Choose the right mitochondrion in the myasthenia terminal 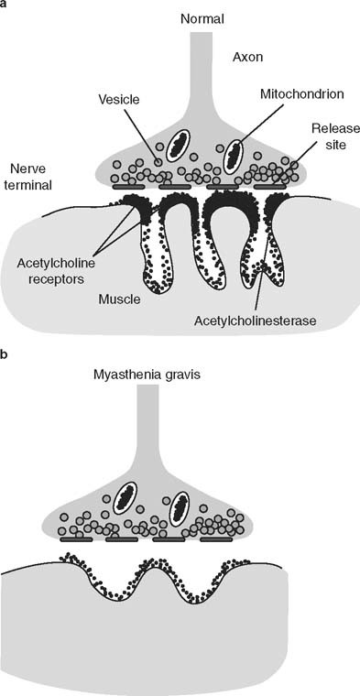pos(178,506)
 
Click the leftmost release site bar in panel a pos(126,187)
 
